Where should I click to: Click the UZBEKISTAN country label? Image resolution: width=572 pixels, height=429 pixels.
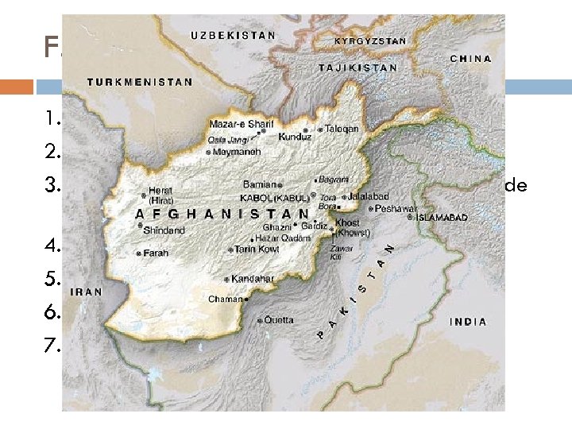233,36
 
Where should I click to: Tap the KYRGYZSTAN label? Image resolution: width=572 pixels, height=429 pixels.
370,41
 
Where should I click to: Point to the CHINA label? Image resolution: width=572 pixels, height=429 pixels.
470,59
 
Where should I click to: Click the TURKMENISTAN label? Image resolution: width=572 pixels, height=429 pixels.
140,82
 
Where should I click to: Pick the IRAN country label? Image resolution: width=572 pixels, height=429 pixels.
87,292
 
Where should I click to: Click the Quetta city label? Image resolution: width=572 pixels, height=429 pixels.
278,320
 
